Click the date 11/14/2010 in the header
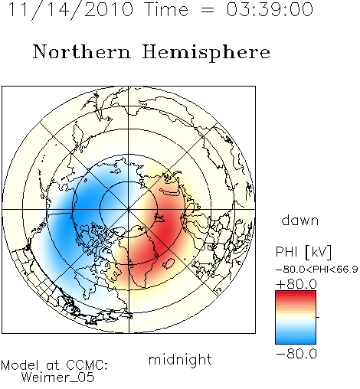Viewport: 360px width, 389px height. [70, 10]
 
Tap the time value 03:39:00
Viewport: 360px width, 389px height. [270, 10]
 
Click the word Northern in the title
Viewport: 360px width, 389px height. [82, 52]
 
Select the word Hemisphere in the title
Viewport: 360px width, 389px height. [206, 53]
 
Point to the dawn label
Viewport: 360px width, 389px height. [300, 221]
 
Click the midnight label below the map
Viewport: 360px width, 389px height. [180, 360]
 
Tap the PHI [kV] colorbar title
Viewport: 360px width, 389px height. [303, 252]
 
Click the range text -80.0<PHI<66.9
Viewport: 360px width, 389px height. [316, 270]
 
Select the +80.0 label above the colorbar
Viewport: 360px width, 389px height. [296, 284]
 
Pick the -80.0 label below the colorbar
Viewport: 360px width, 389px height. [296, 354]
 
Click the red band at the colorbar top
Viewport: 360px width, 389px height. [296, 294]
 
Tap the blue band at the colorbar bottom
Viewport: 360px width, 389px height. [296, 340]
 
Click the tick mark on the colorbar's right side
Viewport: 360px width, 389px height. [318, 317]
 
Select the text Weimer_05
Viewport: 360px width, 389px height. [58, 377]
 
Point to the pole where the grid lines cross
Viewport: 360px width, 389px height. [129, 210]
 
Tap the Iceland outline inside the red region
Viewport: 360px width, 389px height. [169, 263]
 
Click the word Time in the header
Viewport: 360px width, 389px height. [166, 10]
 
